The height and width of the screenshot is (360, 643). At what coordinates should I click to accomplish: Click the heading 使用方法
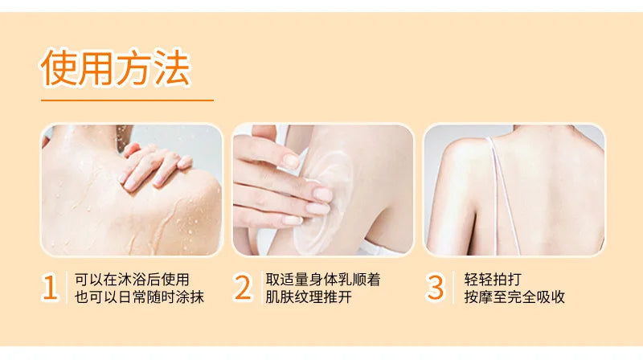[116, 68]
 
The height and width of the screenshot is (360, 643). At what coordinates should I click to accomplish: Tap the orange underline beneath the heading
[127, 100]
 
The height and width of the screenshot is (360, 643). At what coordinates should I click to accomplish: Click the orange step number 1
[51, 288]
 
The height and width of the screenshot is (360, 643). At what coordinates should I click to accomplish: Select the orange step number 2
[243, 288]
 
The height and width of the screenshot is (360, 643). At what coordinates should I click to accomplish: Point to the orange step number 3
[435, 288]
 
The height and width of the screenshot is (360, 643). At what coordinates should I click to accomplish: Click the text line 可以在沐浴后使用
[132, 279]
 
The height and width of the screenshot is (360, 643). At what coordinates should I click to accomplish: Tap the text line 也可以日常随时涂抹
[139, 297]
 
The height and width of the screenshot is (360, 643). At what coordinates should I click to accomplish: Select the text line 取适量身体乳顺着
[323, 279]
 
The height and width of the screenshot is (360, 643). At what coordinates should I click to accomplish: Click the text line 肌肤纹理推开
[309, 297]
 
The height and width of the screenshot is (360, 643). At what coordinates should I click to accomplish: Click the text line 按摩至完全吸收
[514, 297]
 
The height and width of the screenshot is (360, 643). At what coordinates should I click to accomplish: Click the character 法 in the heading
[172, 68]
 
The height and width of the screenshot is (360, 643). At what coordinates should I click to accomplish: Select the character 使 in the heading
[60, 68]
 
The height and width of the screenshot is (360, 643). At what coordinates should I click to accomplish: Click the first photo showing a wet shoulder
[131, 190]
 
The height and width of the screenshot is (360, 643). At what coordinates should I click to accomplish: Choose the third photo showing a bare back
[514, 190]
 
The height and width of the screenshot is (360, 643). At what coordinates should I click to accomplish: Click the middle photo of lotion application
[323, 190]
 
